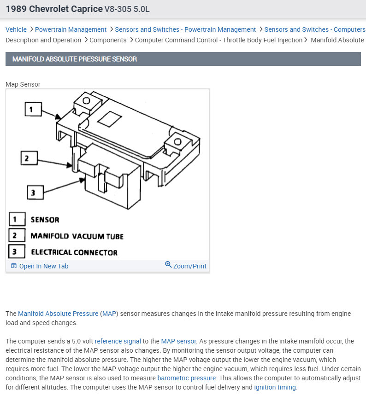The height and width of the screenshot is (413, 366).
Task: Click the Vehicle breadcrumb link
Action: click(x=16, y=29)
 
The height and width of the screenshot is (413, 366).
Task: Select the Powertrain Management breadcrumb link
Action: click(x=71, y=29)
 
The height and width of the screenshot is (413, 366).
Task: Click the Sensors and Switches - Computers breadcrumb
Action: click(x=314, y=29)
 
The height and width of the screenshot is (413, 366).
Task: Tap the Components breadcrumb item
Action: click(x=108, y=40)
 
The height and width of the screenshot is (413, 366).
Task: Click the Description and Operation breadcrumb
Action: click(x=43, y=40)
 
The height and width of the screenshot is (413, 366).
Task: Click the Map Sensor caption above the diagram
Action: click(x=23, y=84)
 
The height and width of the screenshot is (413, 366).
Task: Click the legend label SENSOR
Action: click(x=45, y=220)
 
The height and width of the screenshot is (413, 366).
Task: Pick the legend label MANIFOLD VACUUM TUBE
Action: click(x=77, y=236)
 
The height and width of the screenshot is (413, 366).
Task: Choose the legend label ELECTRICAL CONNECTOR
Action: click(x=74, y=252)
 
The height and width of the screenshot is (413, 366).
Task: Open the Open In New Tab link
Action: click(x=43, y=266)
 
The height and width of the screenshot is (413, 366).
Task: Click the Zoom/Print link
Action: click(x=189, y=266)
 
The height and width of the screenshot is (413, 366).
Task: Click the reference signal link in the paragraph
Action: click(x=118, y=341)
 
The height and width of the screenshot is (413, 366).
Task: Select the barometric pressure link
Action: click(x=187, y=378)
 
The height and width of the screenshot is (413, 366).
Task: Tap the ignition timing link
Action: click(x=275, y=387)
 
